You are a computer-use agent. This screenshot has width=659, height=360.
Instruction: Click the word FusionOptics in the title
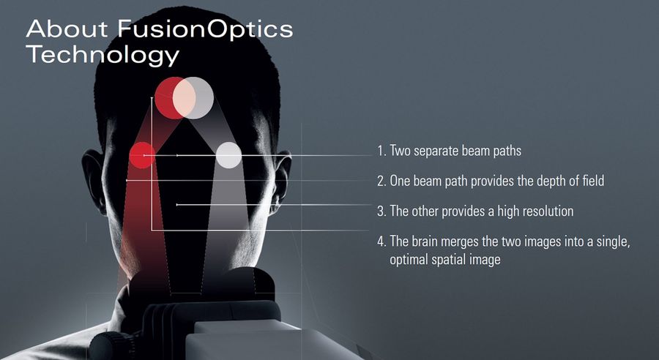coord(204,29)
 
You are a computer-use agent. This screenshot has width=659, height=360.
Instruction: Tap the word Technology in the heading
coord(102,55)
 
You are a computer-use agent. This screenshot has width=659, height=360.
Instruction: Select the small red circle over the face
coord(141,155)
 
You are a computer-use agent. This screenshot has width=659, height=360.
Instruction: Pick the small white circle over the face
coord(228,155)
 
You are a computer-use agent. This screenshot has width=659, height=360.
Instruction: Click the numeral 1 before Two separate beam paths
coord(380,151)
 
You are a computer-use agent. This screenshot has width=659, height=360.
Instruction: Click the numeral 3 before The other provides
coord(381,211)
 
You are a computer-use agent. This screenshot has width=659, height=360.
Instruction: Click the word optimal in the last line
coord(409,260)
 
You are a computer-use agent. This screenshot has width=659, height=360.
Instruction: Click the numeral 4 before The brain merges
coord(381,242)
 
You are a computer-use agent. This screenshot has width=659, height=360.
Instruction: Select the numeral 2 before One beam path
coord(381,181)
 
